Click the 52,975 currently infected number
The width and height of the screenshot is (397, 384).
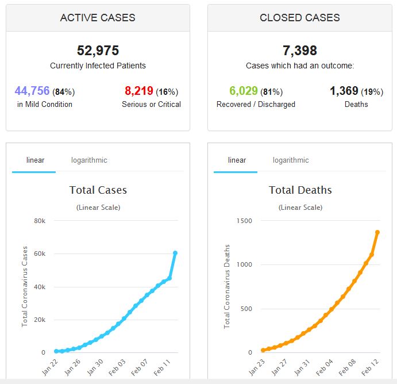click(x=98, y=51)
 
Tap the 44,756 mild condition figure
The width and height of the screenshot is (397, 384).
click(x=32, y=91)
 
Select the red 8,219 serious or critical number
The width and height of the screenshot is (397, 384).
click(x=138, y=91)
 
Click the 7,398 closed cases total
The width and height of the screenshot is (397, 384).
click(x=299, y=51)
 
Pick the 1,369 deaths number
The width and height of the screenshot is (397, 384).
click(x=344, y=91)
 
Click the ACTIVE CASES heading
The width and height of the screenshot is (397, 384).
click(x=98, y=18)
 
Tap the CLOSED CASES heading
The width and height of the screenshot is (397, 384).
click(x=299, y=18)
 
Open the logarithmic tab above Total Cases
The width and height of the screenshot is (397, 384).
click(x=89, y=160)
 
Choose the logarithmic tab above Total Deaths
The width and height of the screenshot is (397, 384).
click(x=291, y=160)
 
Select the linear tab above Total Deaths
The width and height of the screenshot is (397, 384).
click(x=237, y=160)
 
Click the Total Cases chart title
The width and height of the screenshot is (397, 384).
click(x=98, y=190)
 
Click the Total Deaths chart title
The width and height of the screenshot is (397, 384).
click(x=300, y=190)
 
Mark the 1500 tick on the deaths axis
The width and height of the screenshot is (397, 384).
click(x=244, y=221)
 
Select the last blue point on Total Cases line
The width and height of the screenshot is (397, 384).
click(x=175, y=253)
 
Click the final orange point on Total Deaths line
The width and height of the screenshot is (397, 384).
click(x=377, y=232)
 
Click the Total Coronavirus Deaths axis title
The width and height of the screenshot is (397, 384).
click(x=227, y=286)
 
